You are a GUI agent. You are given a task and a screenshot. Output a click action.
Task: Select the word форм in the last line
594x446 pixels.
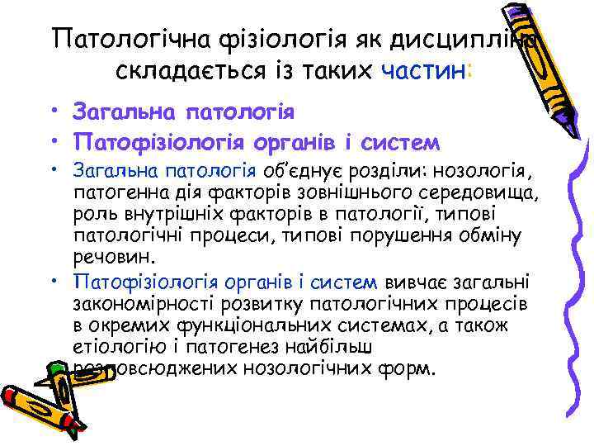[409, 367]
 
